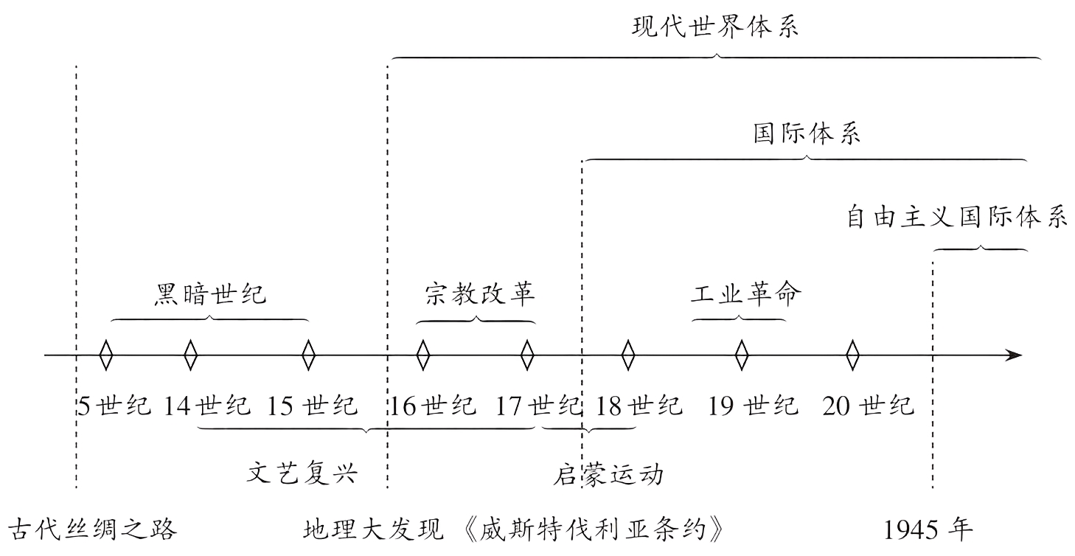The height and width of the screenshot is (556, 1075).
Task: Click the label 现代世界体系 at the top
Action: (715, 28)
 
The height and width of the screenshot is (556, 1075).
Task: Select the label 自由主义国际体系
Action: (956, 218)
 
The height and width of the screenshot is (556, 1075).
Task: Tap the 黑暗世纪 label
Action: (210, 295)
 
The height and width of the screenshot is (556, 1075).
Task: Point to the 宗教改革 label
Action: (479, 294)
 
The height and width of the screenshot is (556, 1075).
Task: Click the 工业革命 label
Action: (745, 294)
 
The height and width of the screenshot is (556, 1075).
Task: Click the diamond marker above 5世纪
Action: (106, 355)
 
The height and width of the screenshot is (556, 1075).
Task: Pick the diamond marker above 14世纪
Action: (190, 355)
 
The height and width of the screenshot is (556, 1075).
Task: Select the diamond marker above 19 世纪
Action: (741, 355)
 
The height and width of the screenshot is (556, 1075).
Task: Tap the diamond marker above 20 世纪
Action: (852, 355)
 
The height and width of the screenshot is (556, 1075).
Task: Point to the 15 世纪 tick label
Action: (312, 406)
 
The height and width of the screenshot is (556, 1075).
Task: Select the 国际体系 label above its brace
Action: (806, 135)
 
